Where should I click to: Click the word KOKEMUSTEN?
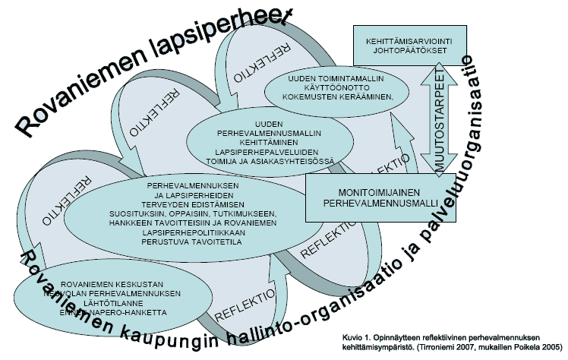click(308, 95)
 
